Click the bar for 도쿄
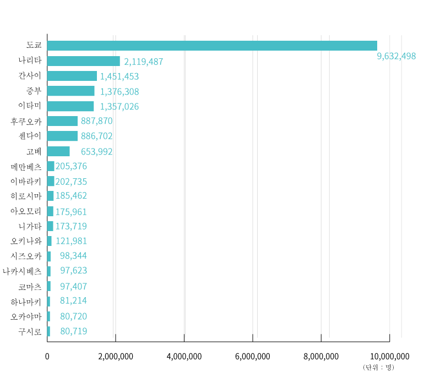pyautogui.click(x=212, y=46)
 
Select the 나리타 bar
pyautogui.click(x=83, y=61)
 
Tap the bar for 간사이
pyautogui.click(x=72, y=76)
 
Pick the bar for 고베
pyautogui.click(x=58, y=151)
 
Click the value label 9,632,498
pyautogui.click(x=396, y=56)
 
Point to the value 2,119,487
pyautogui.click(x=143, y=62)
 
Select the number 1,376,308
pyautogui.click(x=119, y=91)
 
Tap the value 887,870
pyautogui.click(x=96, y=121)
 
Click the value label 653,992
pyautogui.click(x=96, y=151)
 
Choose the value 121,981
pyautogui.click(x=71, y=241)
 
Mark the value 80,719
pyautogui.click(x=73, y=331)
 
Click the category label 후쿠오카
pyautogui.click(x=26, y=121)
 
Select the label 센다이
pyautogui.click(x=30, y=136)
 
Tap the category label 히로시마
pyautogui.click(x=26, y=196)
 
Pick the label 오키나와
pyautogui.click(x=26, y=241)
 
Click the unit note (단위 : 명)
pyautogui.click(x=378, y=368)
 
